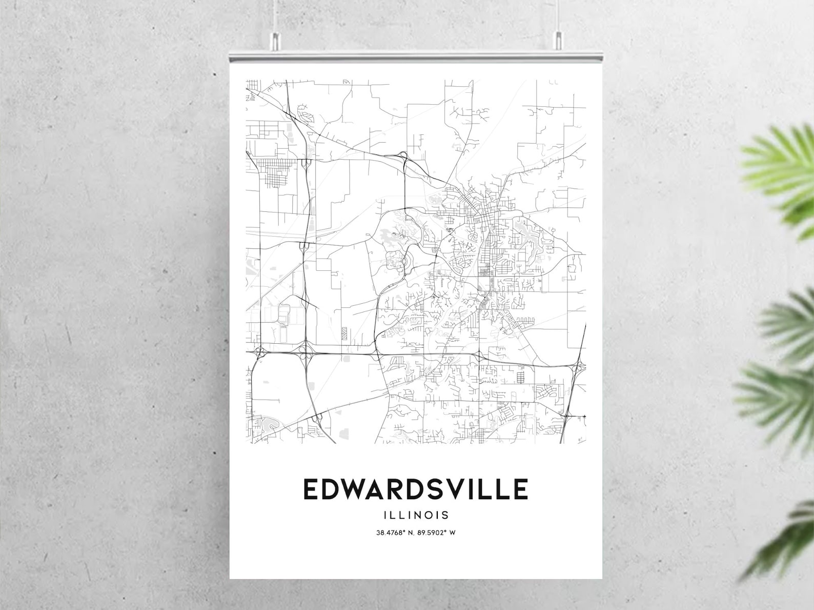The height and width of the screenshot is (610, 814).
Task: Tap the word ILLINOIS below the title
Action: click(416, 515)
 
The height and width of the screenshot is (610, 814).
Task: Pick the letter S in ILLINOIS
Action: click(446, 515)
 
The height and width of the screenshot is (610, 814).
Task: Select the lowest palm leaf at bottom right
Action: click(784, 544)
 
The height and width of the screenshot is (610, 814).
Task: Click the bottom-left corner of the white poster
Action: click(231, 578)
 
